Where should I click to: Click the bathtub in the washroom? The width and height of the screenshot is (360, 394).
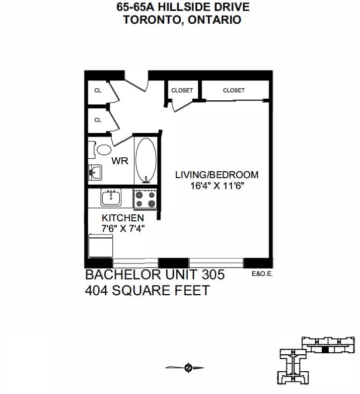(146, 160)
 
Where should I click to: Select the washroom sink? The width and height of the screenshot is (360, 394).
(95, 172)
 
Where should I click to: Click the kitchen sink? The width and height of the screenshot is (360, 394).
(111, 197)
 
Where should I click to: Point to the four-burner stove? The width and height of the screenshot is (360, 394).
(145, 199)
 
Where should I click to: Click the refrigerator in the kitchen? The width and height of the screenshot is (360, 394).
(101, 246)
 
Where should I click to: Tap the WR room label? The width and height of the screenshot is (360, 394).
(120, 161)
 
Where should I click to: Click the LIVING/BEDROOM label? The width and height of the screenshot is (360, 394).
(216, 175)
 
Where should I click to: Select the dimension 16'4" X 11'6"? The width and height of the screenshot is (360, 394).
(217, 186)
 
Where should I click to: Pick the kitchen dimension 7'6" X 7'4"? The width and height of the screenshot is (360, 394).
(123, 229)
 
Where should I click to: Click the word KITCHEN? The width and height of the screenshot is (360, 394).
(123, 218)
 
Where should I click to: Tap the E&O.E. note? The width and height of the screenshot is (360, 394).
(262, 274)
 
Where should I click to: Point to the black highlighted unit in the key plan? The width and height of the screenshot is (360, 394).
(325, 349)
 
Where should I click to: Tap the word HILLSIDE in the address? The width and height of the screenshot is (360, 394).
(184, 7)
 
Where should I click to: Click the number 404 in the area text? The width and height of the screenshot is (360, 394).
(96, 290)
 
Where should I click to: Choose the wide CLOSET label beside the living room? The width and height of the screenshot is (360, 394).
(234, 90)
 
